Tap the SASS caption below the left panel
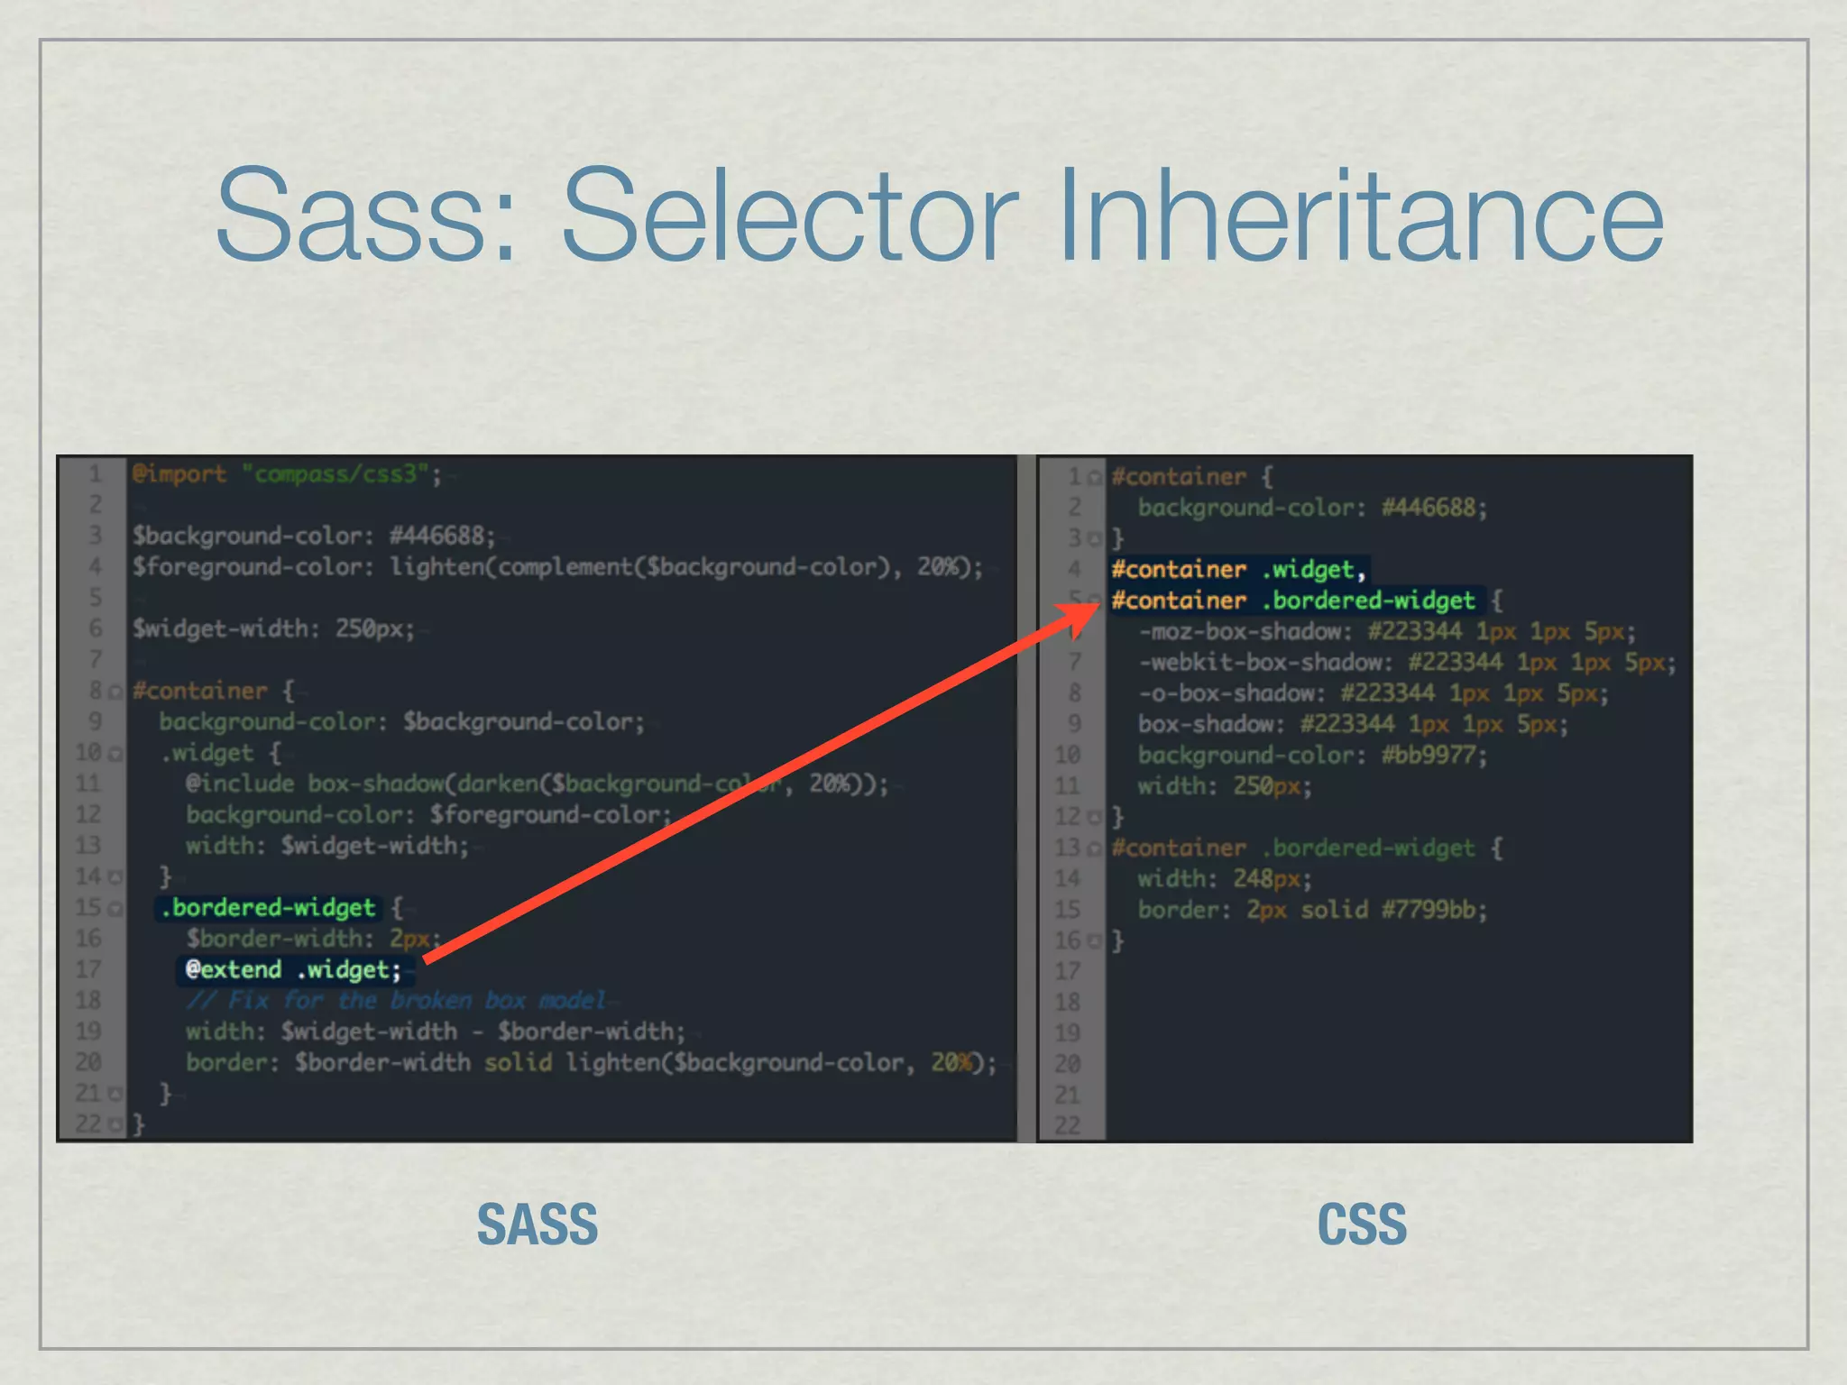537,1224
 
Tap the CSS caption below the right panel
1361,1224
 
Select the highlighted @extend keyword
234,969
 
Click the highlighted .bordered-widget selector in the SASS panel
268,907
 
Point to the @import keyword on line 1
179,473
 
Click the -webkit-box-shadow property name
1265,663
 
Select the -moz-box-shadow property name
1245,631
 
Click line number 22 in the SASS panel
88,1124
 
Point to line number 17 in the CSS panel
1067,971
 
